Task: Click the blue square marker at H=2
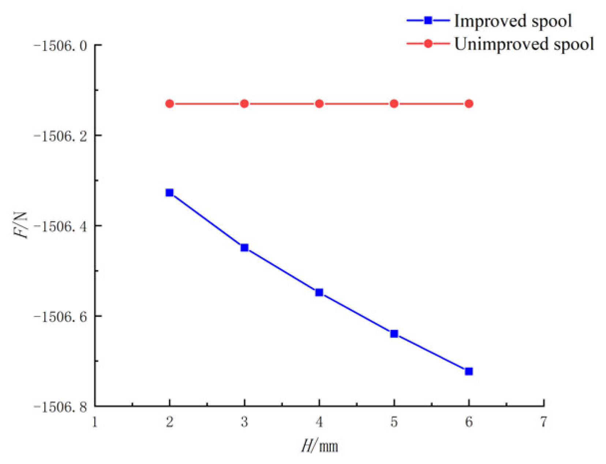169,193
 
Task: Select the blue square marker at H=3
244,248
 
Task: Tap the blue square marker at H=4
319,293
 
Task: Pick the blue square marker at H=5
394,334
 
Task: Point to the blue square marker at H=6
469,371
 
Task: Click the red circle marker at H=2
169,104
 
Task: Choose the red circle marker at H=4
319,104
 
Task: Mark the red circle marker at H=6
469,104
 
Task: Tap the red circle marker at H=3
244,104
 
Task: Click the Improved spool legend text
513,21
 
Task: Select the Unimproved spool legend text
524,44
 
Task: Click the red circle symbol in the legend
428,44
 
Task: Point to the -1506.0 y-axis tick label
60,46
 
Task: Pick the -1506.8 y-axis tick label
60,407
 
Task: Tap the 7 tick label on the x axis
543,422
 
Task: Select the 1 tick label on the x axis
95,422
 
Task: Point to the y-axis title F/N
21,225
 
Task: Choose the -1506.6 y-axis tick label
60,316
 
